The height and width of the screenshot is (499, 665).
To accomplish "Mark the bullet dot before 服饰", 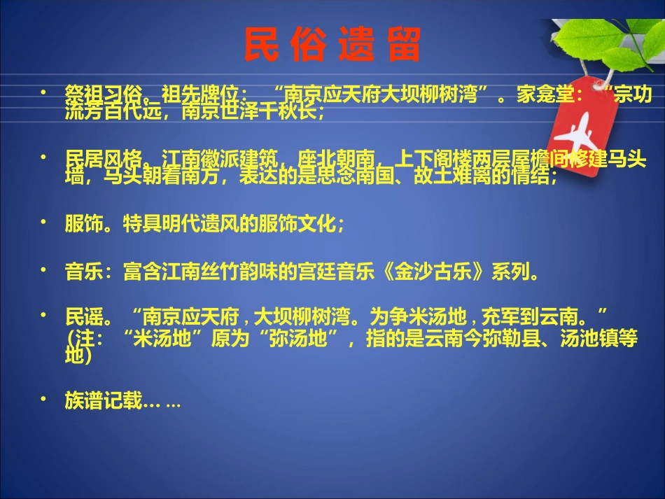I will [x=43, y=222].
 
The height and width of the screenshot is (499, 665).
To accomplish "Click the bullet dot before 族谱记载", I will [x=43, y=399].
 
